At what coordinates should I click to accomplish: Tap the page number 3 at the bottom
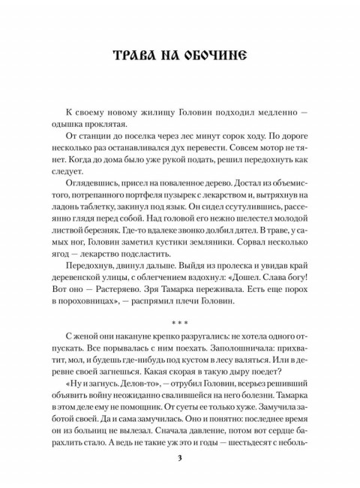pos(179,459)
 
